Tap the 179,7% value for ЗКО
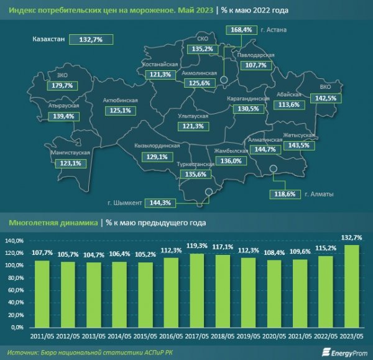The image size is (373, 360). pyautogui.click(x=64, y=85)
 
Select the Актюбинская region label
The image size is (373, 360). pyautogui.click(x=120, y=100)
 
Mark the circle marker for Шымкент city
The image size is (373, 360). pyautogui.click(x=210, y=192)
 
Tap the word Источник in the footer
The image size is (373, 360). pyautogui.click(x=22, y=351)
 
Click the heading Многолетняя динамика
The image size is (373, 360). pyautogui.click(x=53, y=221)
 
